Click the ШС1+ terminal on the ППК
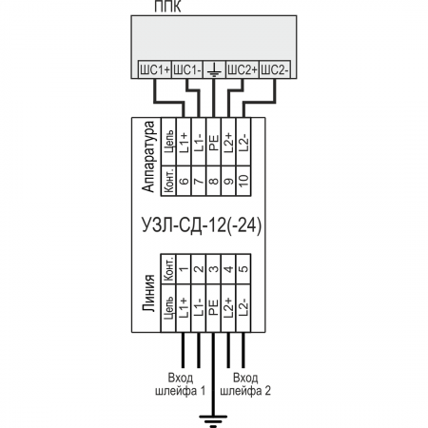coord(155,69)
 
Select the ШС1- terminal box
coord(187,69)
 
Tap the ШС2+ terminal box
coord(243,69)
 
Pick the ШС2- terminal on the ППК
coord(275,69)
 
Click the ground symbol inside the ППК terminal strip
coord(214,69)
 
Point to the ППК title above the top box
coord(167,7)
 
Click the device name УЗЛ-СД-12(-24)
coord(202,225)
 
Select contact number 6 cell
coord(184,181)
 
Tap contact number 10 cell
coord(243,181)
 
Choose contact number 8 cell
coord(214,181)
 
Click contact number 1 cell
coord(184,269)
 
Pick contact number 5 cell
coord(243,269)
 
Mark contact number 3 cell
coord(214,269)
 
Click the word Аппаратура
coord(148,157)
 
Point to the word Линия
coord(148,293)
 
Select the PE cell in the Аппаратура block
coord(214,142)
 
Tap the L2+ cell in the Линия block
coord(229,308)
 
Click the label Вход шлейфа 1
coord(180,384)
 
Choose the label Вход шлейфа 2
coord(245,384)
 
